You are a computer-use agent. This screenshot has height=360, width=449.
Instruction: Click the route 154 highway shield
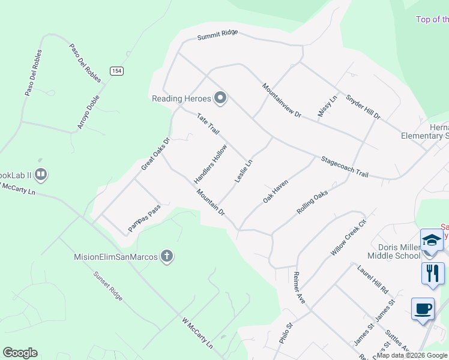tap(116, 71)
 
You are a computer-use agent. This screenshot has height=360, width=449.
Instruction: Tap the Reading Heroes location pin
tap(220, 98)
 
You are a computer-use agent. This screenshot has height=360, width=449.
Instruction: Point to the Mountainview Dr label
tap(281, 100)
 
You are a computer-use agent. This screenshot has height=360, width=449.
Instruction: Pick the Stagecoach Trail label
tap(344, 167)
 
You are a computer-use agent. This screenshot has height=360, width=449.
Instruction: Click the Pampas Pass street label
tap(145, 217)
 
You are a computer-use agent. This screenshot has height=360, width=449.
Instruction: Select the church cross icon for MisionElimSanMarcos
tap(166, 257)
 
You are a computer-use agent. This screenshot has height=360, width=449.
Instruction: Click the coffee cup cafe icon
tap(423, 308)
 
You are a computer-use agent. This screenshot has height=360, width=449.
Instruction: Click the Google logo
tap(20, 353)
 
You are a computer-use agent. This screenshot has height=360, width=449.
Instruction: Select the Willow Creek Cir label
tap(348, 238)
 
